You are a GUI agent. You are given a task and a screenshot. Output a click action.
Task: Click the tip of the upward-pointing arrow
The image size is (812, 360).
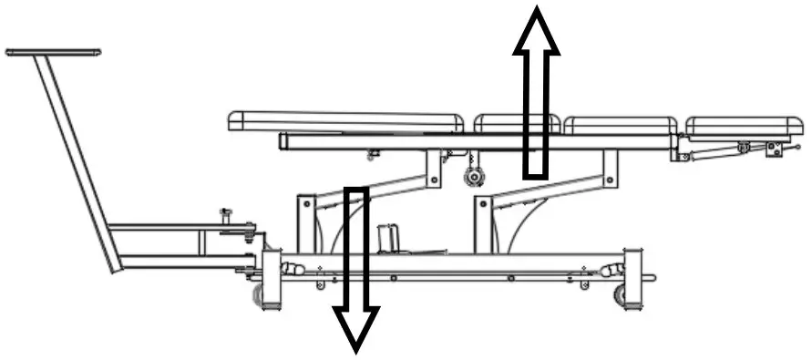click(536, 11)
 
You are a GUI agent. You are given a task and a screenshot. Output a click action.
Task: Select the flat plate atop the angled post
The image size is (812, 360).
click(53, 53)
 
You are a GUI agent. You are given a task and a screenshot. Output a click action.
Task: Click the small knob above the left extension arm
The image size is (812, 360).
click(224, 215)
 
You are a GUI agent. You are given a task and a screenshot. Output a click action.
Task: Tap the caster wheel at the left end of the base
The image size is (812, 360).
click(259, 293)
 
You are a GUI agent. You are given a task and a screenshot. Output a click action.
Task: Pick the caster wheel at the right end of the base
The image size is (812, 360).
click(622, 293)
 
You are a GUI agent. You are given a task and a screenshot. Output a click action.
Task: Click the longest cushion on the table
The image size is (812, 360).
click(345, 120)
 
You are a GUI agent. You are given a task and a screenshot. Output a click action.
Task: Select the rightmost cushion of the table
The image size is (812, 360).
click(744, 126)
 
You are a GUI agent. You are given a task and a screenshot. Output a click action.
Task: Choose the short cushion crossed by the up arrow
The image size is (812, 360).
click(516, 123)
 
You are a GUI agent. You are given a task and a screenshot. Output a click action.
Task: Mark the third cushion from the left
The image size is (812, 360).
click(620, 126)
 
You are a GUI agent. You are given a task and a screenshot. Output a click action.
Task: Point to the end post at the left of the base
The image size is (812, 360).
click(271, 278)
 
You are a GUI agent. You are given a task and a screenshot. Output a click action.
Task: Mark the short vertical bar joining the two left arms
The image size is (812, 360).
click(202, 242)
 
